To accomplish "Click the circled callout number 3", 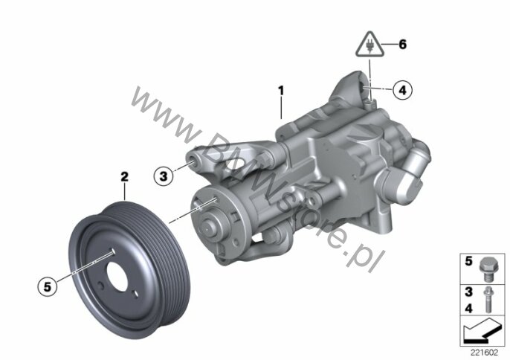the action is pos(164,176).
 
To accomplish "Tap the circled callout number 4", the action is pos(402,90).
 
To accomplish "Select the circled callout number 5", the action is pos(48,287).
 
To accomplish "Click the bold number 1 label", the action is pos(281,91).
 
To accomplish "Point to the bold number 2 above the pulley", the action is pos(124,177).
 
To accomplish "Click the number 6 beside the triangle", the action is pos(403,45).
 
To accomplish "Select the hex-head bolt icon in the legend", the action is pos(487,269).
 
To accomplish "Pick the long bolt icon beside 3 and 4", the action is pos(487,300).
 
